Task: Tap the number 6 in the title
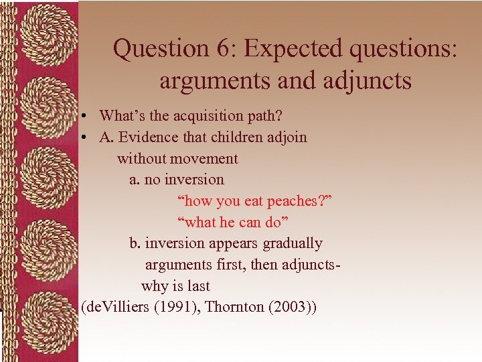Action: pos(226,49)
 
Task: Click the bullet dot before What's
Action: pos(88,116)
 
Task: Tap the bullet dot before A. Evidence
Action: pos(88,137)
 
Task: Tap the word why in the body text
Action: pos(153,286)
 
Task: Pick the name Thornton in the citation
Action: pos(234,307)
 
